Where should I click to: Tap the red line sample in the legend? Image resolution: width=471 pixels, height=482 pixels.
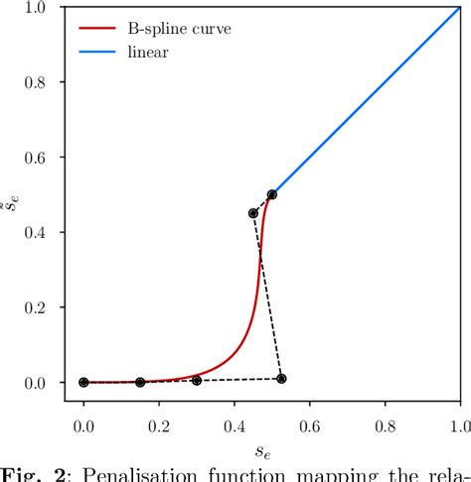click(x=94, y=29)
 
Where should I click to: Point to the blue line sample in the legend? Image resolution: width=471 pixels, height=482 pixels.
click(x=94, y=52)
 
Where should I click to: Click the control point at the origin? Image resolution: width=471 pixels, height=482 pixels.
click(x=83, y=382)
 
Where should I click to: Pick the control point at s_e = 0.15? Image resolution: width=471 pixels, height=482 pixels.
click(x=140, y=382)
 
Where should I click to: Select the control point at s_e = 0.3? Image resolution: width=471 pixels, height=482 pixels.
click(x=197, y=380)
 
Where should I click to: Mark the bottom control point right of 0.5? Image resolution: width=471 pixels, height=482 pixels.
click(x=282, y=378)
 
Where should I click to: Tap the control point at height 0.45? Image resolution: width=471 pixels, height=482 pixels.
click(x=253, y=213)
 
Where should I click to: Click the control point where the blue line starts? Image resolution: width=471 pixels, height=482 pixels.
click(x=272, y=194)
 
